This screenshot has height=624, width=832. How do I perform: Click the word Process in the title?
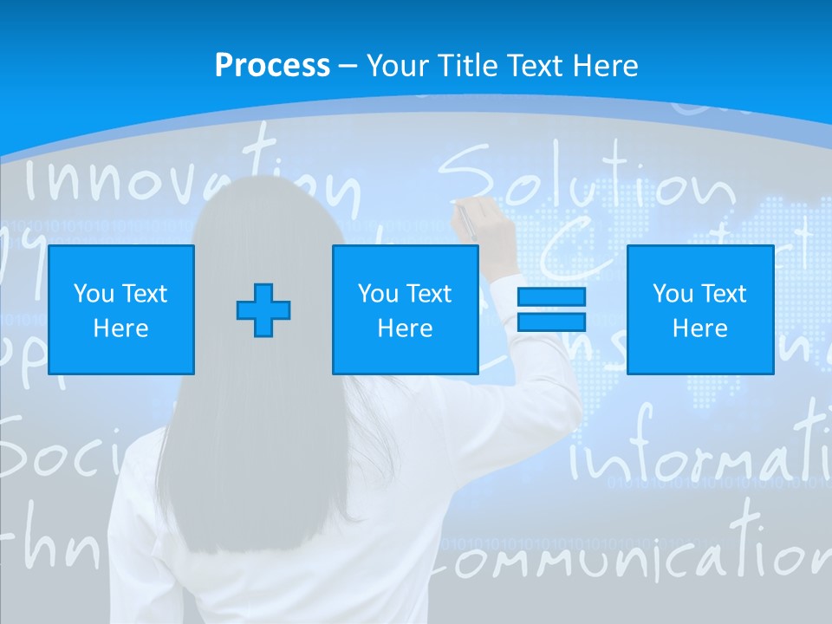272,66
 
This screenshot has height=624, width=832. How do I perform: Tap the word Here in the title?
606,66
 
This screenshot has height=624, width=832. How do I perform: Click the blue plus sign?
263,309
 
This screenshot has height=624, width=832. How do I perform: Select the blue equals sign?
551,309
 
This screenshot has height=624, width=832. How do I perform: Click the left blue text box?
121,309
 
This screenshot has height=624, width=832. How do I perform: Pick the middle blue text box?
405,309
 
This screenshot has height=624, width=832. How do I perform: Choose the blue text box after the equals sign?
699,309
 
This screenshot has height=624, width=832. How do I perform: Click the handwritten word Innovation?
191,178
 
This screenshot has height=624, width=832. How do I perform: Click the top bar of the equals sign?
551,296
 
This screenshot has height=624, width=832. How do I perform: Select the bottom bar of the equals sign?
551,322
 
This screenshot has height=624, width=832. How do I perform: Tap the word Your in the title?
394,66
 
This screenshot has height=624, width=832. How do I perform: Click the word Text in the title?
536,66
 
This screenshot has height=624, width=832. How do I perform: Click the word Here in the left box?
121,328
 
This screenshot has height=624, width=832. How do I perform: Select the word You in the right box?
672,294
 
